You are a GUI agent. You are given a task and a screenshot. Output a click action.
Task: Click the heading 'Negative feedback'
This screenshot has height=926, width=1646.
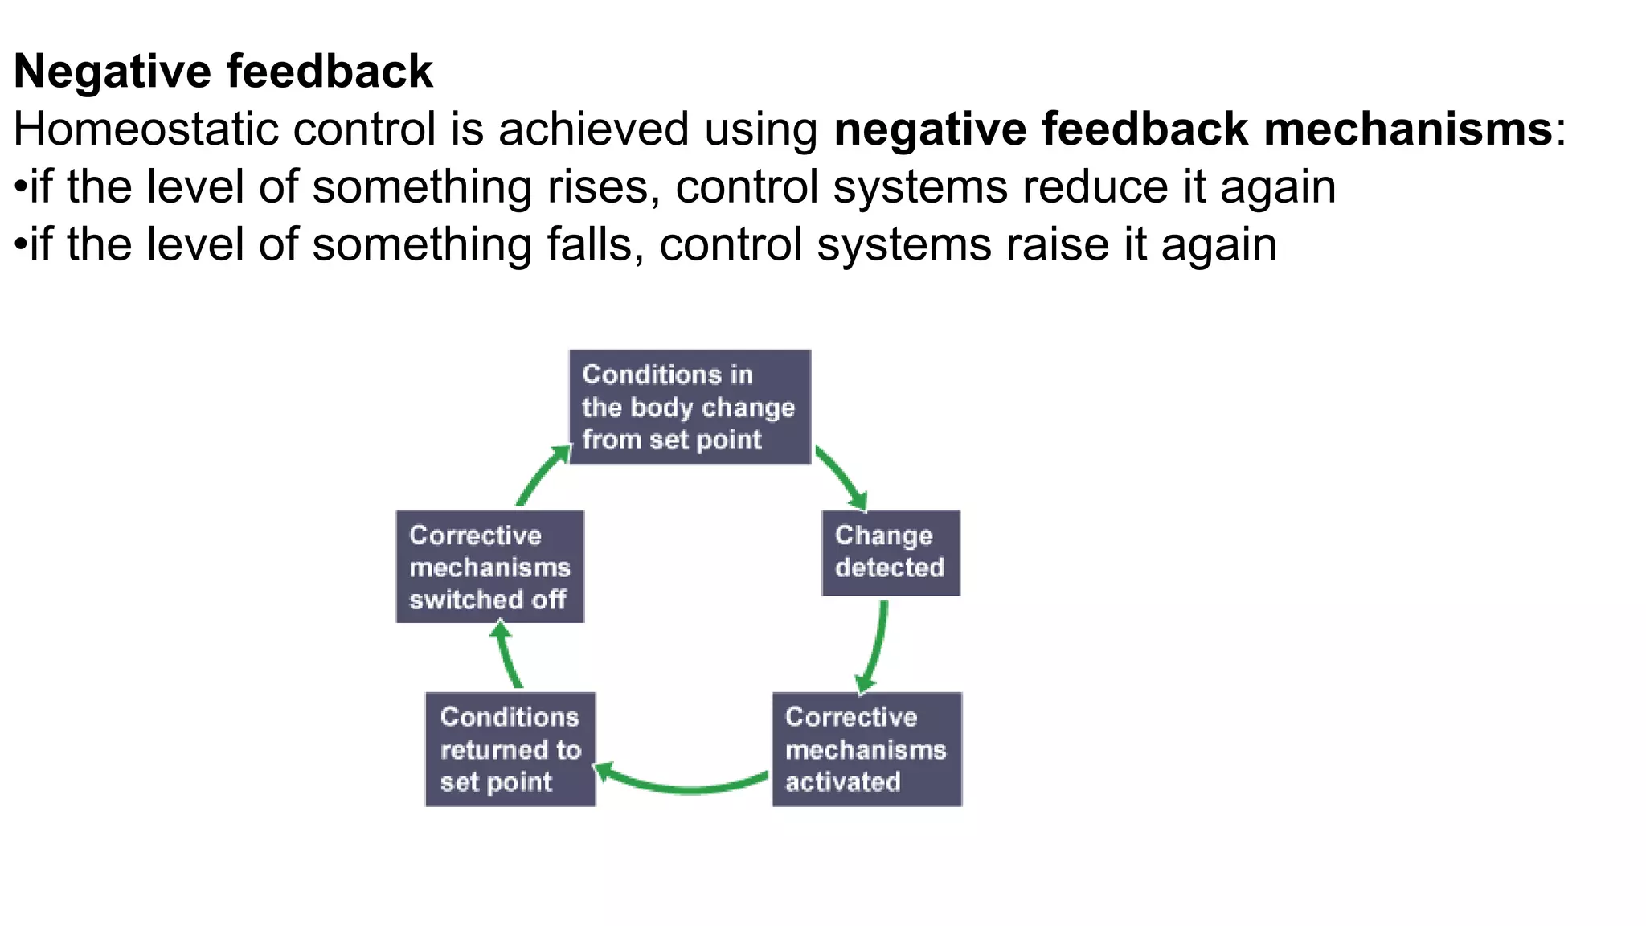tap(223, 71)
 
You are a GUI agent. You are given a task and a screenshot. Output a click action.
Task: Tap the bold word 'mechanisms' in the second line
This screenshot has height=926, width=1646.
tap(1407, 129)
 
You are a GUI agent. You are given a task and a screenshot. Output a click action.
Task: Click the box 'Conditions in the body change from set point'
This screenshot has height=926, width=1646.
tap(690, 407)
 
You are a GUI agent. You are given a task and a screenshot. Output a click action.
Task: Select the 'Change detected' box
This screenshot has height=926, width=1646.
tap(891, 552)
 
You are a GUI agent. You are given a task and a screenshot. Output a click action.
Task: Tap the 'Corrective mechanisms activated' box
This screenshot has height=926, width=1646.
tap(866, 749)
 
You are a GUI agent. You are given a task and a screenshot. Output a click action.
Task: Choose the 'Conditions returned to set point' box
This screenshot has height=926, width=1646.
tap(510, 749)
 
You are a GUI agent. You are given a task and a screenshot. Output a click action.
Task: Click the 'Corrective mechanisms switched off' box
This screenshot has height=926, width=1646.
tap(489, 567)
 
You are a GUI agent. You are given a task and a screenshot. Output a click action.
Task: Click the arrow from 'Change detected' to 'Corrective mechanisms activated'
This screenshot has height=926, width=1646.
tap(875, 647)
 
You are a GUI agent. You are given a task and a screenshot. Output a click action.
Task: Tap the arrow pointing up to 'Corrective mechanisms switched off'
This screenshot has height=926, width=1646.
tap(507, 655)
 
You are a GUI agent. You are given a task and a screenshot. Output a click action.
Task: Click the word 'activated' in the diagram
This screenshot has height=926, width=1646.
tap(842, 782)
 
